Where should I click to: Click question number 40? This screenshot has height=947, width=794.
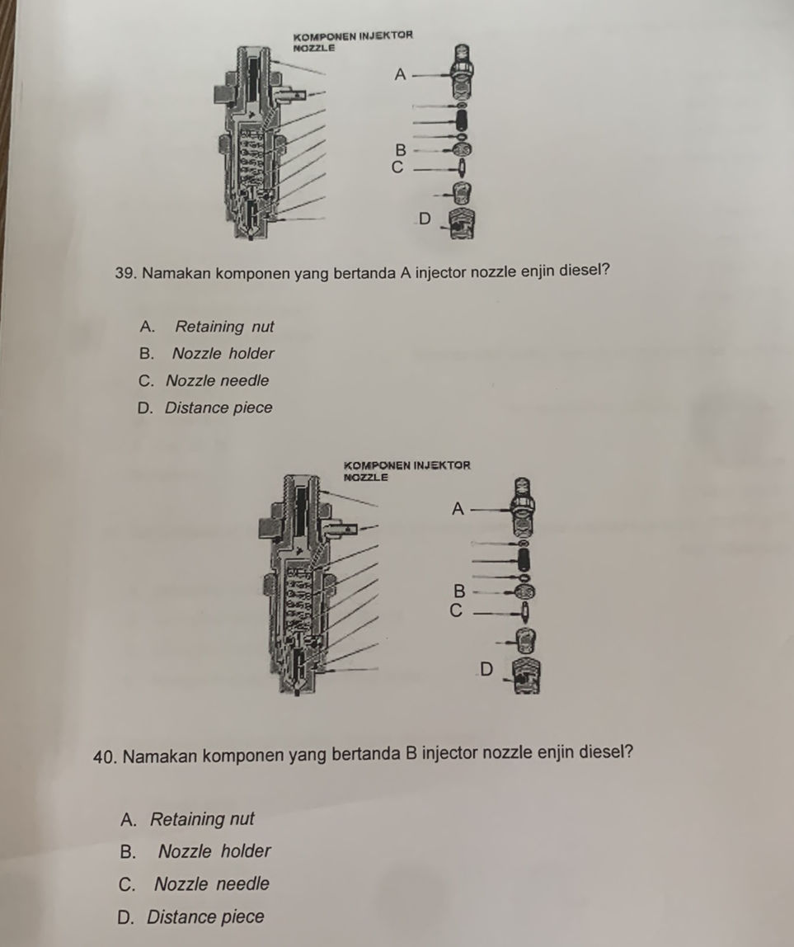(x=106, y=756)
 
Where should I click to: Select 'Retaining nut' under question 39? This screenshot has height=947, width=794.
(x=224, y=327)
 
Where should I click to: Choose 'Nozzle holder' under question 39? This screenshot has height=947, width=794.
(x=223, y=353)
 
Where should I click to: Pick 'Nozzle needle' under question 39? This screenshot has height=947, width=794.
(x=217, y=380)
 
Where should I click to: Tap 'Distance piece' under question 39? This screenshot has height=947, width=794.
(x=218, y=408)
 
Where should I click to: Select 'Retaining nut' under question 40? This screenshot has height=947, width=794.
(x=202, y=819)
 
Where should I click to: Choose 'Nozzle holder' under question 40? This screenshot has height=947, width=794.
(x=214, y=851)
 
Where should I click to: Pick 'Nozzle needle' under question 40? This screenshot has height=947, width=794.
(x=211, y=883)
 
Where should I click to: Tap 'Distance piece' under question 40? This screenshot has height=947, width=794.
(x=205, y=916)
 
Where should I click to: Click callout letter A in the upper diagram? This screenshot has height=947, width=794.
(x=400, y=74)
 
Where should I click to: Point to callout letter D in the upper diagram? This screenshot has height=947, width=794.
(x=425, y=219)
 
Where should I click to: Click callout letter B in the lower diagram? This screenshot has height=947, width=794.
(x=459, y=591)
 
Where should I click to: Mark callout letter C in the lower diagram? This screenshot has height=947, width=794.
(x=457, y=611)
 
